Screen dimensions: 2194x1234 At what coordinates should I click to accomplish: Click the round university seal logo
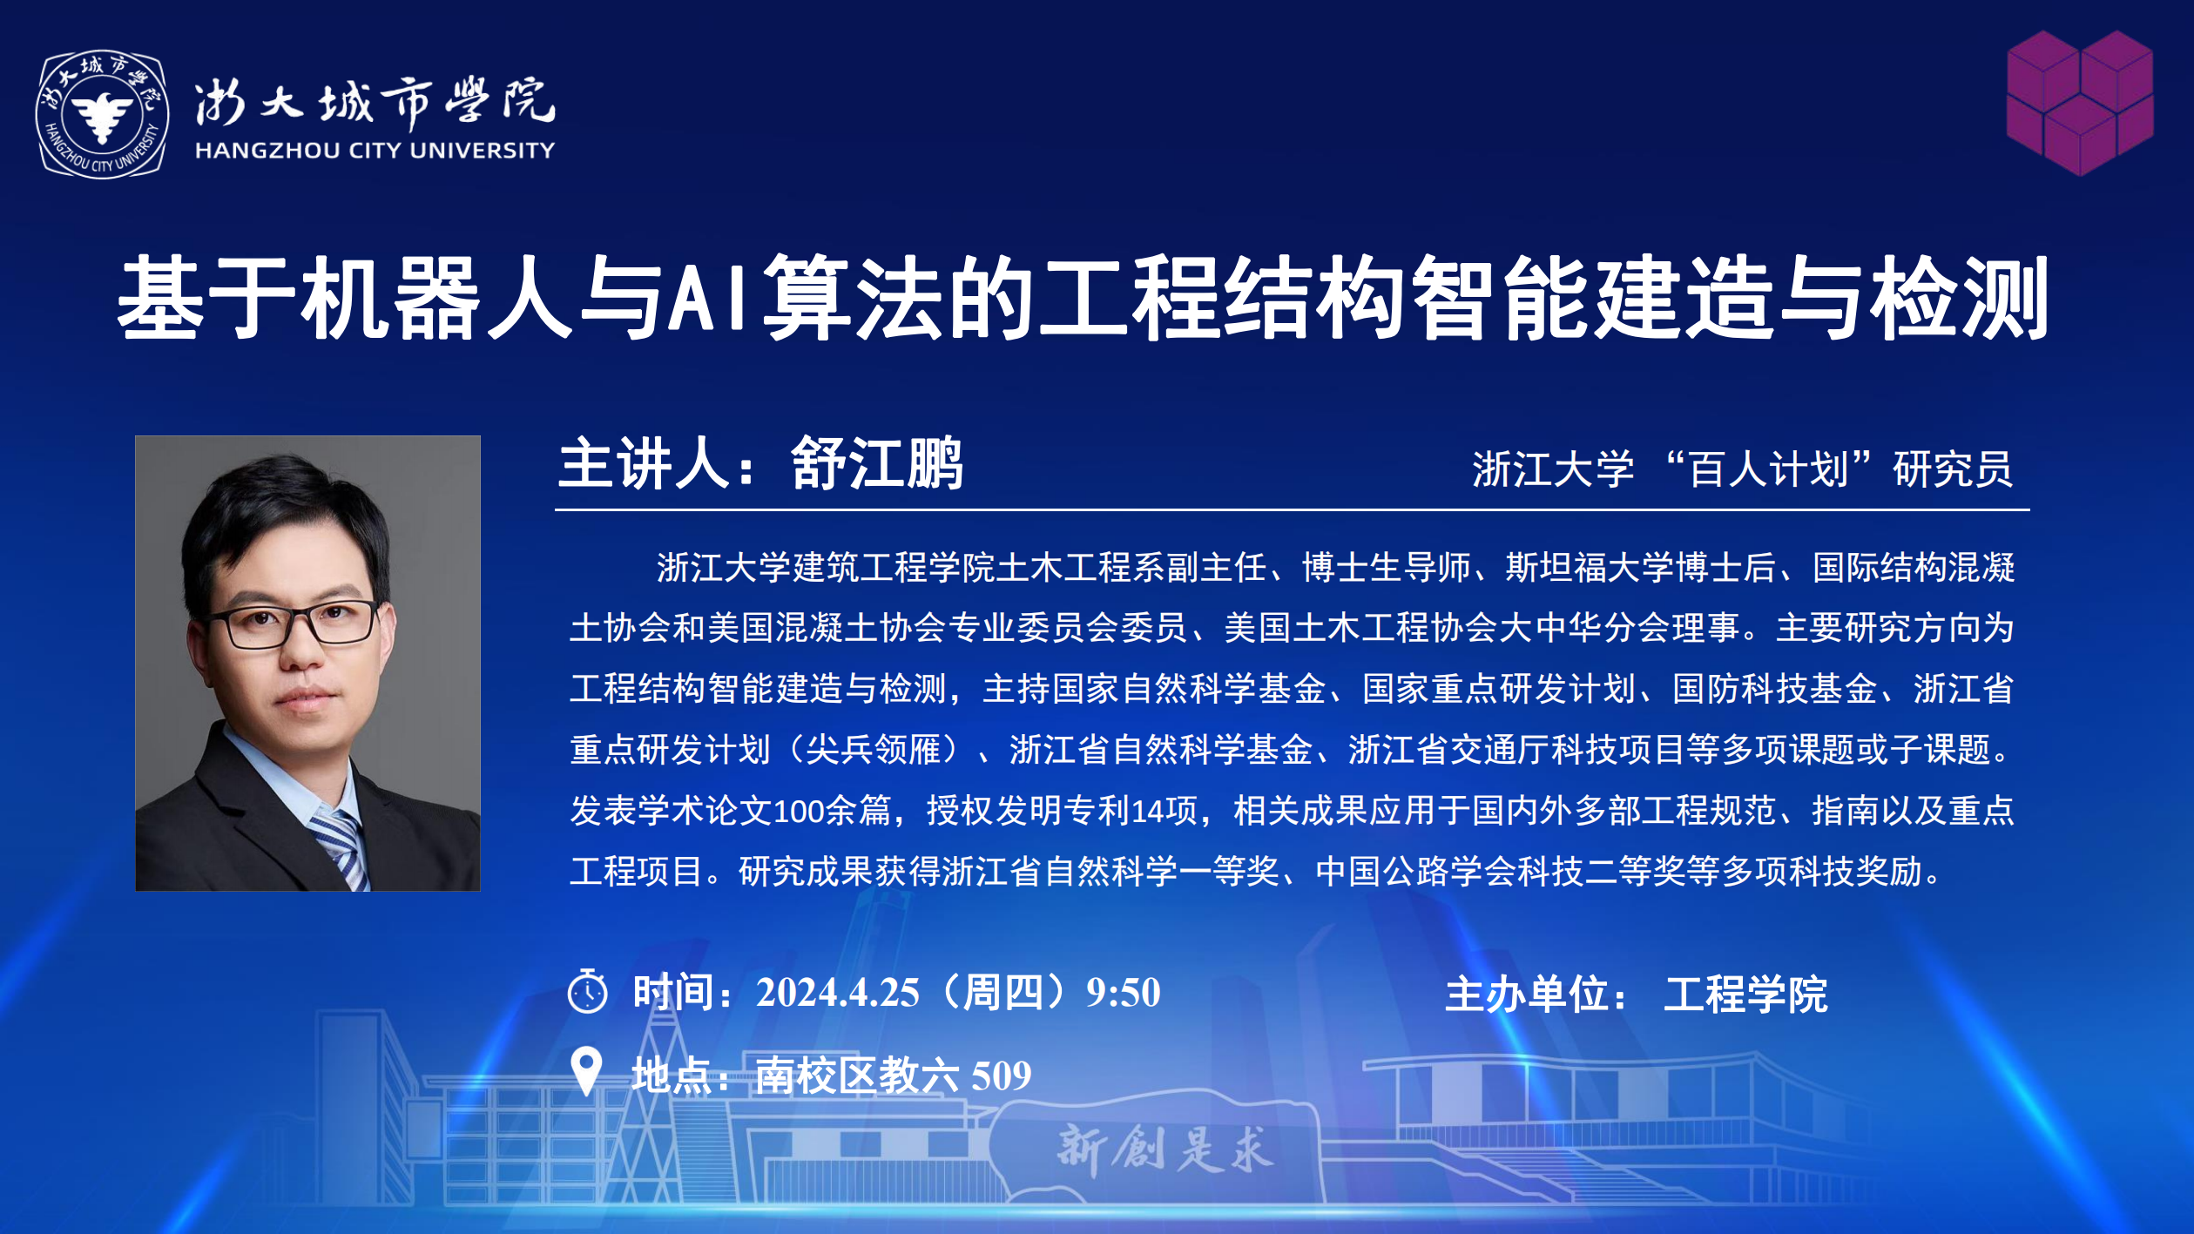(x=102, y=114)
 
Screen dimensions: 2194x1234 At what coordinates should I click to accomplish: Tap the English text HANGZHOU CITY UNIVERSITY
(x=375, y=151)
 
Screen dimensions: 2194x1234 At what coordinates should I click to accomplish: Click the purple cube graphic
(x=2080, y=103)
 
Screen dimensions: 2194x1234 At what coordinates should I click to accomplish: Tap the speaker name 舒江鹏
(x=876, y=463)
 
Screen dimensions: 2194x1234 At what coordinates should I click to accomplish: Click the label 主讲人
(x=644, y=463)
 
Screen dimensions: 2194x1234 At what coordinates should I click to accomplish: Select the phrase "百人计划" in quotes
(x=1768, y=469)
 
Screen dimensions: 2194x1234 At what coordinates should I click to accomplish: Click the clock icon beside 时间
(x=588, y=991)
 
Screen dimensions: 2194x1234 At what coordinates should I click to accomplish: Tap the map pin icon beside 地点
(x=586, y=1070)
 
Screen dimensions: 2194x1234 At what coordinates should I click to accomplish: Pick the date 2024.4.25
(x=837, y=993)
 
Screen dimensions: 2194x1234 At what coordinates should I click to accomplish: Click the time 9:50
(x=1123, y=993)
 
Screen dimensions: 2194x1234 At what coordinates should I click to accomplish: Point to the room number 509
(x=1001, y=1076)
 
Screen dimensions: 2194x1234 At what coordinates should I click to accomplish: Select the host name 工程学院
(x=1745, y=995)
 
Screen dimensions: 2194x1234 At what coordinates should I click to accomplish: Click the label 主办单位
(x=1526, y=995)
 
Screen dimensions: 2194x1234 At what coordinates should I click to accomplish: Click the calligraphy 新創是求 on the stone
(x=1164, y=1148)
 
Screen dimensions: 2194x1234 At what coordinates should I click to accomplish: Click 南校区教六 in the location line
(x=857, y=1076)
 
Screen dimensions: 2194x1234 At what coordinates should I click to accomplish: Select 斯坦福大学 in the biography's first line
(x=1590, y=568)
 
